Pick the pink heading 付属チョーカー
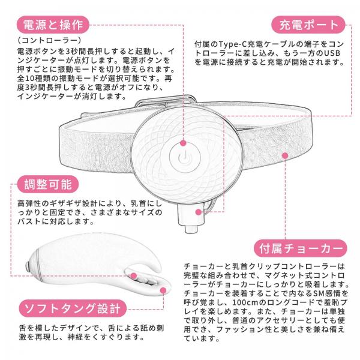301,247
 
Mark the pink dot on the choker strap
284,155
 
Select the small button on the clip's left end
28,264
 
